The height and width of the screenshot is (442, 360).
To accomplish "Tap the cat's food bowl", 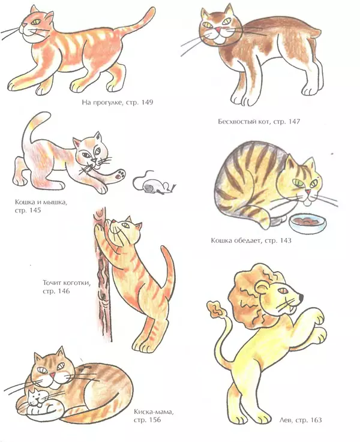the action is click(308, 222).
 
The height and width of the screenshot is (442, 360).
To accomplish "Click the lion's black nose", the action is click(301, 296).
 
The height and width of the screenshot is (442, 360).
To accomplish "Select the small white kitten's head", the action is click(35, 398).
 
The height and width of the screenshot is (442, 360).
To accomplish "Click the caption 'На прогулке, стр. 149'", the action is click(118, 102).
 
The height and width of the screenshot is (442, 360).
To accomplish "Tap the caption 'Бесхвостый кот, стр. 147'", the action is click(259, 122).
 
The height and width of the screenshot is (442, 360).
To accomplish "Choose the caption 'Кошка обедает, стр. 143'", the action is click(251, 240).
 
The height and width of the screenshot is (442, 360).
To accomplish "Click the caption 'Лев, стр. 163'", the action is click(300, 420).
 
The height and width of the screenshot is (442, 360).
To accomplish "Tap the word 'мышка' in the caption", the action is click(56, 202).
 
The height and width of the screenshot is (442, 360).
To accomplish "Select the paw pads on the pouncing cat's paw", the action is click(121, 174).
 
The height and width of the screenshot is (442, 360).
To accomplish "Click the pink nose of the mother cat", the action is click(52, 375).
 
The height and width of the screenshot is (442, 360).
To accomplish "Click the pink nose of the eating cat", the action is click(308, 192).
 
